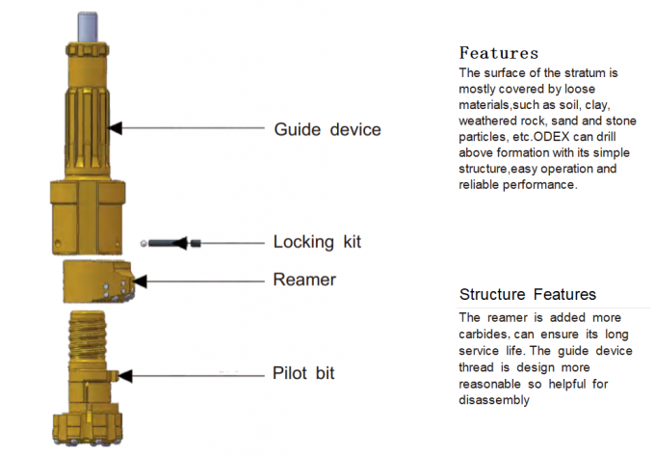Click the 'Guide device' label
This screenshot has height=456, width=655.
(x=327, y=129)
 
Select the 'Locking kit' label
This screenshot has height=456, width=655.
(x=318, y=241)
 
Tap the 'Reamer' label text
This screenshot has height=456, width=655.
(x=305, y=280)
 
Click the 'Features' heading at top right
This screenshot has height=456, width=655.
(x=498, y=52)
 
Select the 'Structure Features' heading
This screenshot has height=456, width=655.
(x=527, y=294)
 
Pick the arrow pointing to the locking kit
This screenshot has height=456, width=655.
(x=231, y=242)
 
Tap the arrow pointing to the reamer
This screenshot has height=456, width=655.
(x=202, y=281)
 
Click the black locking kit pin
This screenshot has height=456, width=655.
(x=171, y=243)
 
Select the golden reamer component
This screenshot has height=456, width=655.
(x=95, y=279)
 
